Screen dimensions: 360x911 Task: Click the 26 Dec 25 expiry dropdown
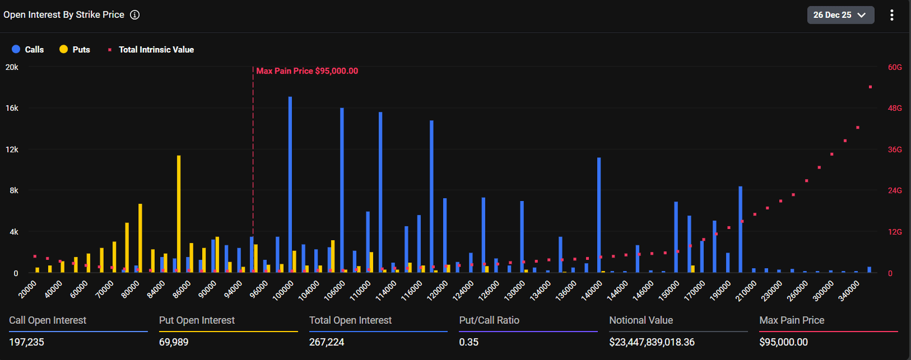tap(840, 15)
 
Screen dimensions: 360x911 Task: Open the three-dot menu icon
tap(891, 15)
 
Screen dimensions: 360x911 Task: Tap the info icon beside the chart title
tap(135, 15)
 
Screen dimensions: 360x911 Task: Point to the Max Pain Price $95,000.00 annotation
tap(307, 71)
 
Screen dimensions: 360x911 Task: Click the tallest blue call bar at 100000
tap(290, 184)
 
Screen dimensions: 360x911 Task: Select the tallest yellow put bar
tap(179, 214)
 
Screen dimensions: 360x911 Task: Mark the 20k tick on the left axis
tap(11, 67)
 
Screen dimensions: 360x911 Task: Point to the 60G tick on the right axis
tap(894, 67)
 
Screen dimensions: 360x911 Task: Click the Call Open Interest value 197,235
tap(27, 342)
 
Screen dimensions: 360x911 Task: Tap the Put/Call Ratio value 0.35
tap(469, 342)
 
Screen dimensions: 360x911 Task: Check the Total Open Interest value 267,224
tap(327, 342)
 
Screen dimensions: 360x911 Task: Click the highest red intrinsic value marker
tap(870, 87)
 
